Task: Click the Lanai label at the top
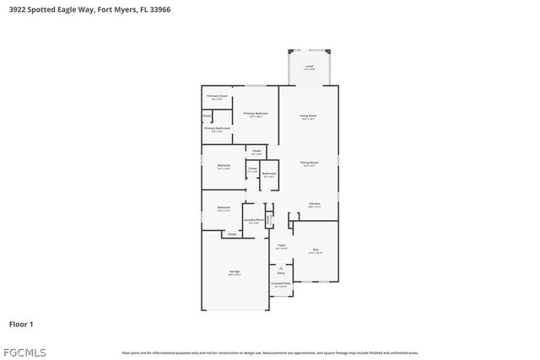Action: [309, 67]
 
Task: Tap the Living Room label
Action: [309, 116]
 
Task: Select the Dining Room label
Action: [309, 163]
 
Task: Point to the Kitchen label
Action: [314, 204]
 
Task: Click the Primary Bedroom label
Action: [256, 114]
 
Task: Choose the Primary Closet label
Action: [217, 97]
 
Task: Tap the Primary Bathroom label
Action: [217, 129]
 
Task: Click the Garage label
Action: [234, 272]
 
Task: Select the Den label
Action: [316, 250]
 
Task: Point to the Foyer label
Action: [282, 246]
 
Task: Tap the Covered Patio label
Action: [281, 284]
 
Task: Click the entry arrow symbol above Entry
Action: [281, 267]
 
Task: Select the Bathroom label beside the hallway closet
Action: [268, 175]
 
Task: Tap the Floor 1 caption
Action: [21, 324]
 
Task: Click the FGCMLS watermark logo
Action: [25, 352]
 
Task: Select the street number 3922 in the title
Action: [18, 9]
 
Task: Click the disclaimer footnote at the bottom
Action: [270, 352]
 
